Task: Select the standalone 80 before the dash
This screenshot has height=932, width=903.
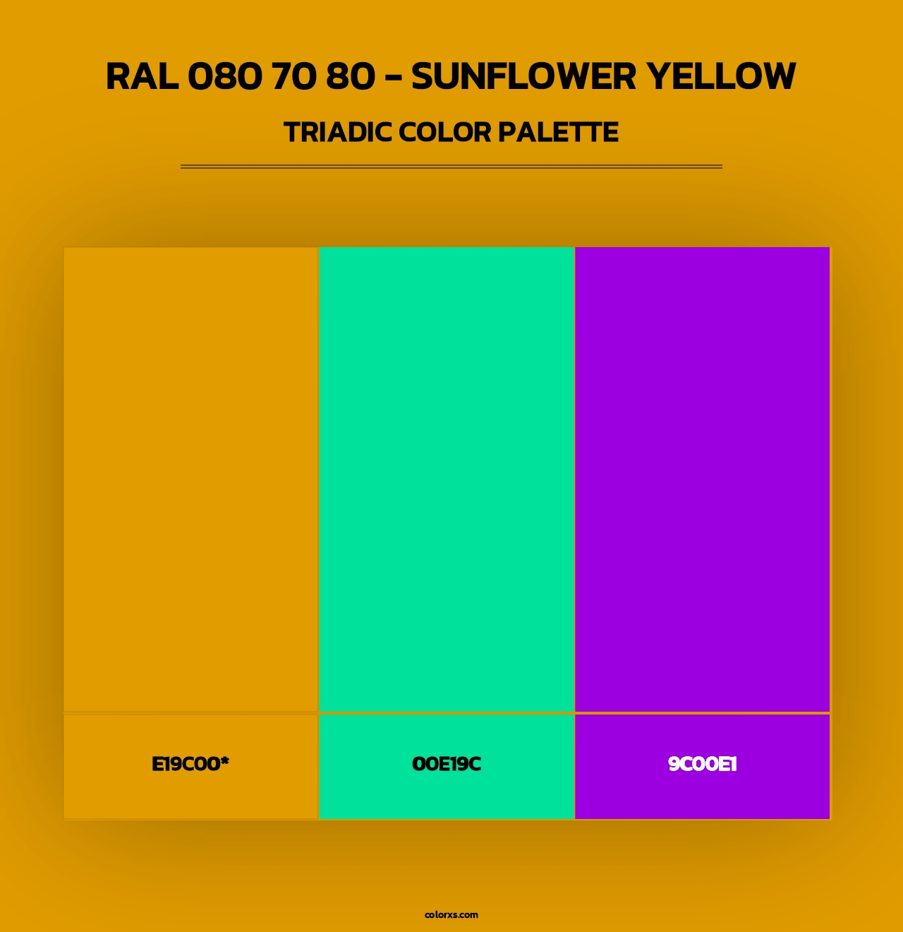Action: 351,76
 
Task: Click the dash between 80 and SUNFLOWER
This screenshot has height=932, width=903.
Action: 393,78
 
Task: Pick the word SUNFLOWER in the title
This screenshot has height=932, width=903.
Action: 523,76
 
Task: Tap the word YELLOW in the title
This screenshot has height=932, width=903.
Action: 722,76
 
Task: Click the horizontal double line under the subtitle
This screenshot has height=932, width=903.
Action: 451,167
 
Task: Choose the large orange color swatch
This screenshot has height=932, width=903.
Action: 191,479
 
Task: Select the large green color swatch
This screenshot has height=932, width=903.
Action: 447,479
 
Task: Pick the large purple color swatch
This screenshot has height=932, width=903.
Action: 702,479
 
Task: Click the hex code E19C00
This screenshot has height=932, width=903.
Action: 186,764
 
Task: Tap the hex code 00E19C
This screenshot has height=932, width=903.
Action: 447,764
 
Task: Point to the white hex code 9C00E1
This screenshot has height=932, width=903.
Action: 702,764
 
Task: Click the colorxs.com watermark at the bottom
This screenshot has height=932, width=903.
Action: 451,914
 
